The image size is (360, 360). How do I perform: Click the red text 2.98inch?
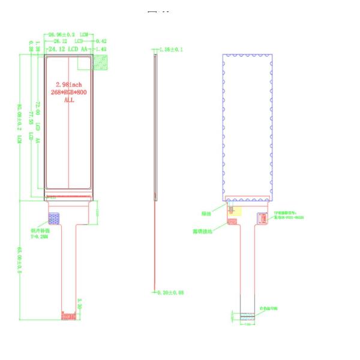[x=68, y=85]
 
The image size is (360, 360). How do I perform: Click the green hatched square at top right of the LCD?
[x=103, y=62]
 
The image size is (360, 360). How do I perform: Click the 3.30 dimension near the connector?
[x=80, y=303]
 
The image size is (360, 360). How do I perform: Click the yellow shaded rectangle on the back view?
[x=235, y=211]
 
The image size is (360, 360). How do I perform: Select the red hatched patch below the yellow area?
[x=232, y=222]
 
